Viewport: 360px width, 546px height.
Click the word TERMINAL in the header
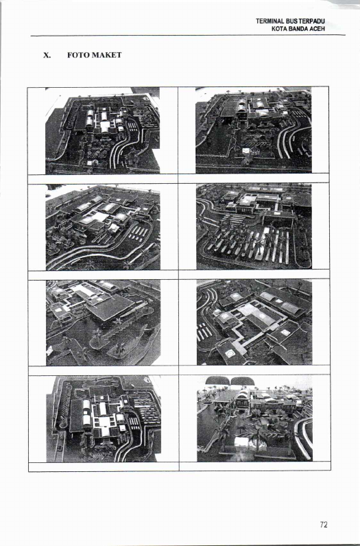[269, 21]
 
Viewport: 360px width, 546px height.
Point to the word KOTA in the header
[280, 29]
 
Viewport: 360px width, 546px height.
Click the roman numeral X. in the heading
[47, 55]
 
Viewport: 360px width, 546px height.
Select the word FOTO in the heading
[76, 55]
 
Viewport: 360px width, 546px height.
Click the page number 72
[324, 525]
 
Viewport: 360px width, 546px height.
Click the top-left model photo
[102, 130]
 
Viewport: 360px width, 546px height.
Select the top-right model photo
[254, 130]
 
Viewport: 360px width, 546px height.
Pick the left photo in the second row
[103, 227]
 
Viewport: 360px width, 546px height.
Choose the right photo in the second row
[254, 226]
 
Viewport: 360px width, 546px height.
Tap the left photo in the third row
[103, 323]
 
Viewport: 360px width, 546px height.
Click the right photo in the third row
[254, 322]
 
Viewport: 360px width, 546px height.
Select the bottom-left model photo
[104, 419]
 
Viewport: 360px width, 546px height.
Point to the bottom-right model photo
[254, 418]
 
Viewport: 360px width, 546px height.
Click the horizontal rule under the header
[188, 35]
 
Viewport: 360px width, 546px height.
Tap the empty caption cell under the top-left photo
[103, 178]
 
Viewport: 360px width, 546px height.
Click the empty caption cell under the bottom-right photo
[255, 466]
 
